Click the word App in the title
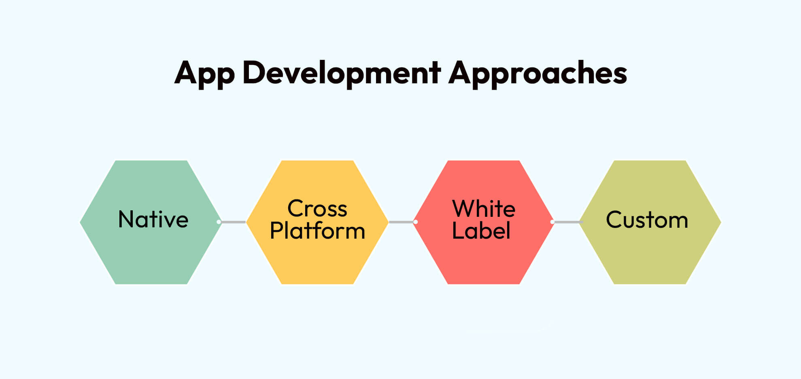tap(204, 74)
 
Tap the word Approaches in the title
tap(538, 74)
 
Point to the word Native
tap(153, 220)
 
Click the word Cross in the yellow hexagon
tap(317, 209)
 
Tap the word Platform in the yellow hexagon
tap(317, 231)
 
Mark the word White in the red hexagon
tap(483, 209)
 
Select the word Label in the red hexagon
tap(481, 231)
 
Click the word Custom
tap(647, 220)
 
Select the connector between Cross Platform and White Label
tap(401, 222)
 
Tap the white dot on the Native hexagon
tap(219, 222)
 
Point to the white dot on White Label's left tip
tap(416, 222)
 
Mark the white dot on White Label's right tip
tap(552, 222)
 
